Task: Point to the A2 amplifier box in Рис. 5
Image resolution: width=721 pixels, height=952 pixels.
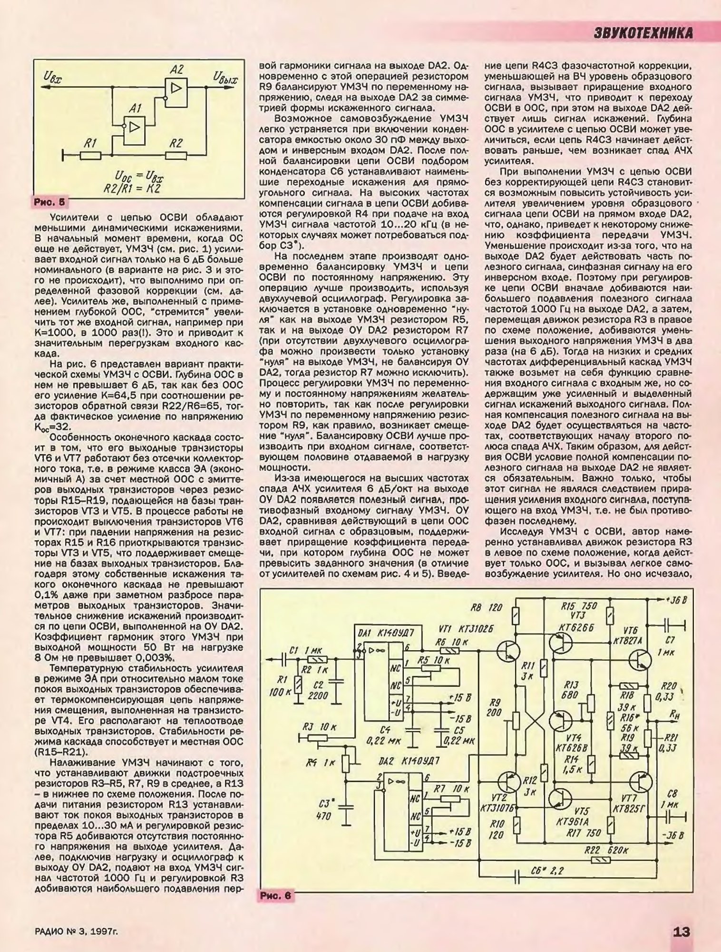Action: click(x=176, y=88)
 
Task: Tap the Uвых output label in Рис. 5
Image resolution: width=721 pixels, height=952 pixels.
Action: click(x=225, y=77)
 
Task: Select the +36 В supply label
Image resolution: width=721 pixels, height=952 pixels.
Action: click(x=675, y=600)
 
